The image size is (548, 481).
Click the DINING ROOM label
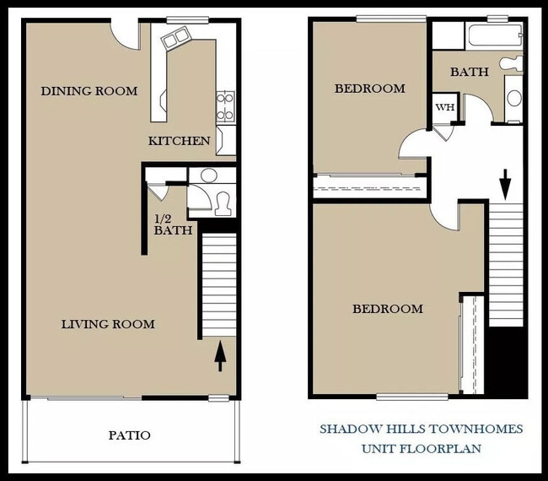[89, 91]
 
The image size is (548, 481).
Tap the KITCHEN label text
[179, 141]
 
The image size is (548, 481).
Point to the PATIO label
[130, 435]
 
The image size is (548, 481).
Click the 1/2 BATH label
[173, 224]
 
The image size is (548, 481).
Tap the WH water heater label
[443, 108]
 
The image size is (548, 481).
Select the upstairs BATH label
[469, 73]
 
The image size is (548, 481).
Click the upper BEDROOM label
[369, 89]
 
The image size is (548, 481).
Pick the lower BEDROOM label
[387, 309]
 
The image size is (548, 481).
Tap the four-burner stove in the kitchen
[225, 106]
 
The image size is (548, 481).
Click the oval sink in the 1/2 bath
[208, 176]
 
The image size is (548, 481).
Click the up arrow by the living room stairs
[220, 355]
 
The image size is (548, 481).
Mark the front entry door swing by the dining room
[128, 35]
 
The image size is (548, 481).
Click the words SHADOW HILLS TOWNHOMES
[421, 429]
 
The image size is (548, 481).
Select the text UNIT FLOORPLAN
[422, 448]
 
